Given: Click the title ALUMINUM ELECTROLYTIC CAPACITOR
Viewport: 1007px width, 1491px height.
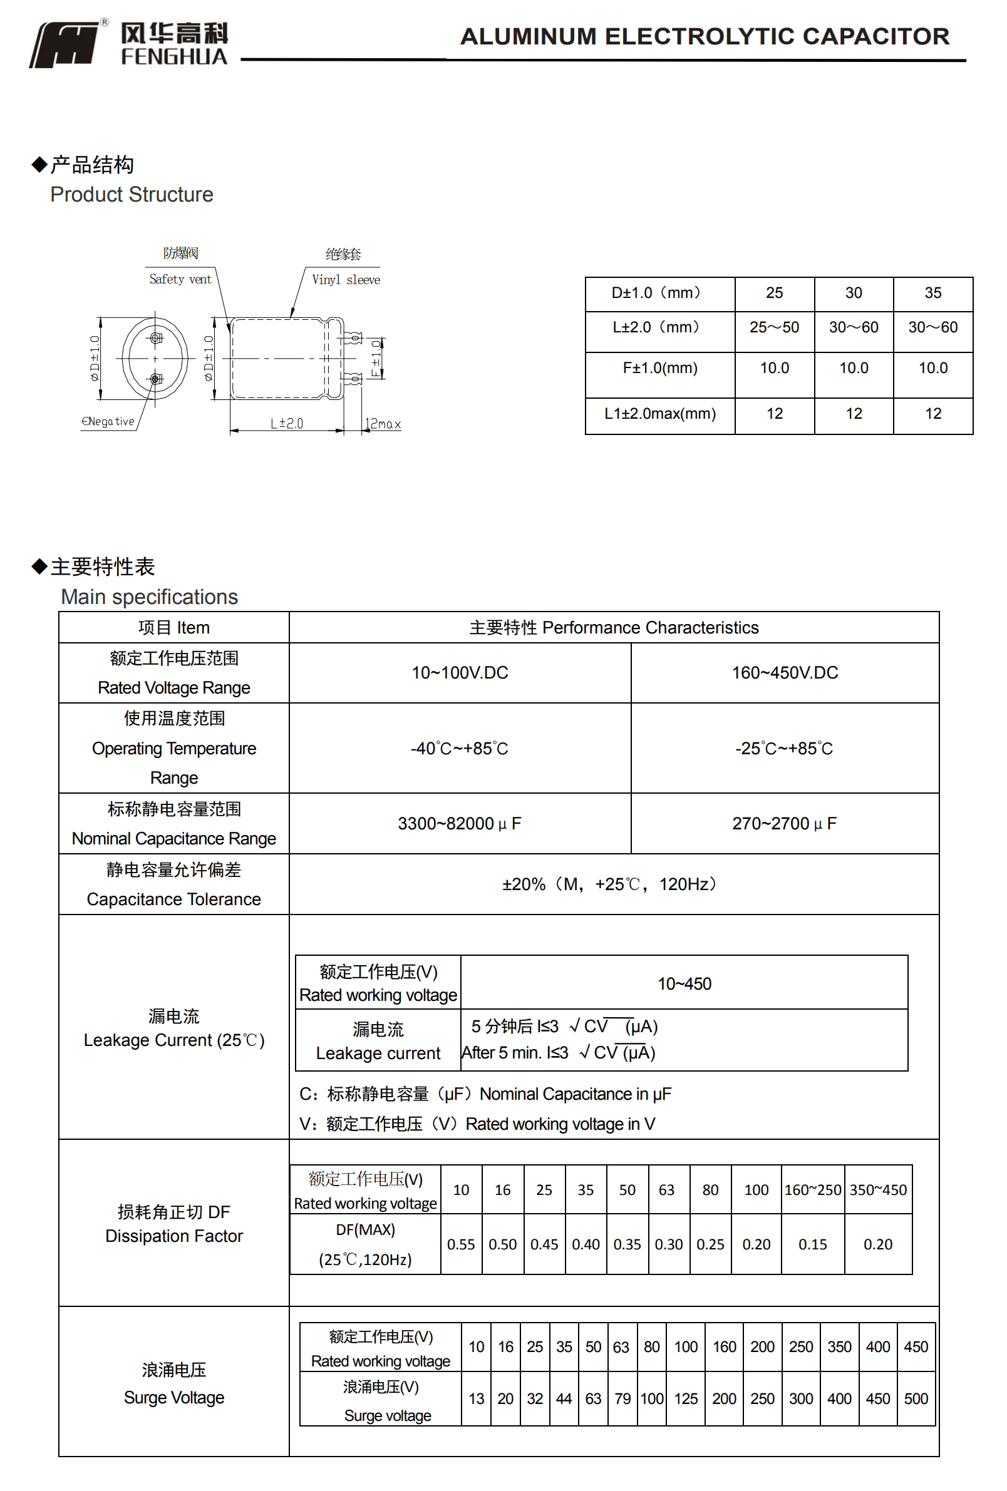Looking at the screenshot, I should tap(704, 36).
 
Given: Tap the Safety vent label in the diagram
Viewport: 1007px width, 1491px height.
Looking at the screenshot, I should tap(180, 279).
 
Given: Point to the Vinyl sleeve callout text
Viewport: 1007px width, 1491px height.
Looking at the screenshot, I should tap(345, 280).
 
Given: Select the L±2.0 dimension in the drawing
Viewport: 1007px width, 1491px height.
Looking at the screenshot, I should tap(286, 423).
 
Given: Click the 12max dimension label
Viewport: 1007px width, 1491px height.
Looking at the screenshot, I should tap(383, 424).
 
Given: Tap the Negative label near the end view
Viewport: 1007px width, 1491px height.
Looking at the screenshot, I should tap(108, 421).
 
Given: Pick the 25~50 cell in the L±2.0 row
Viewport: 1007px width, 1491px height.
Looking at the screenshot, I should tap(773, 327).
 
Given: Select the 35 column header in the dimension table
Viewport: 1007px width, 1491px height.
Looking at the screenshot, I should tap(932, 293).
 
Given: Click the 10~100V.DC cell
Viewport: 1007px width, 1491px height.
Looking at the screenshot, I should tap(460, 672).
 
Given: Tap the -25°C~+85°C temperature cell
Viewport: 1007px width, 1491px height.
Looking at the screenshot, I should tap(783, 748).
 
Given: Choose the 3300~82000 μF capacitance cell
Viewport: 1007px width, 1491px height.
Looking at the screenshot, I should tap(460, 823).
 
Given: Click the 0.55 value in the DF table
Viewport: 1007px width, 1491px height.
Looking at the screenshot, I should tap(460, 1244).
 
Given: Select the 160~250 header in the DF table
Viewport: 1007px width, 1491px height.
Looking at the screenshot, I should tap(812, 1190).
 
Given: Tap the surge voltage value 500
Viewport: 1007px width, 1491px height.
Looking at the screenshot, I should tap(915, 1398).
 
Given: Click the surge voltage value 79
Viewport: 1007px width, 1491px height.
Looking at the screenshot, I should tap(622, 1398).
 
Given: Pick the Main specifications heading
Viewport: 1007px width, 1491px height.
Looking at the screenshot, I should tap(149, 597).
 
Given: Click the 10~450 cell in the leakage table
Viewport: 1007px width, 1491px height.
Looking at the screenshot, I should tap(684, 983).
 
